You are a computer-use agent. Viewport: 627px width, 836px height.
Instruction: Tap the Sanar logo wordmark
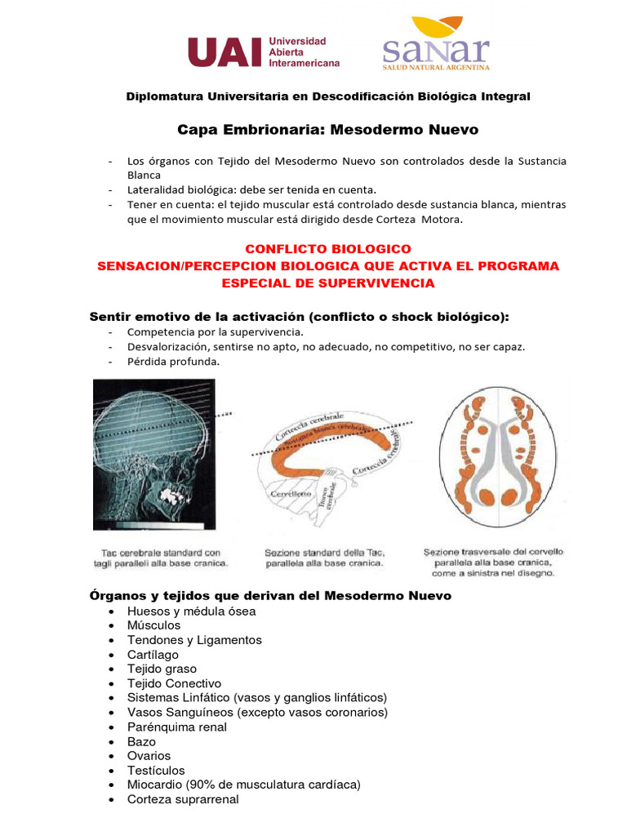(436, 50)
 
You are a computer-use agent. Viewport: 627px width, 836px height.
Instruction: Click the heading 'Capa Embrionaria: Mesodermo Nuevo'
(328, 130)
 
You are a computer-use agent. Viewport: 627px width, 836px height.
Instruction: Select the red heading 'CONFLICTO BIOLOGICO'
(328, 248)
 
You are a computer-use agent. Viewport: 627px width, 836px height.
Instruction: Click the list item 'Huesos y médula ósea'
(191, 611)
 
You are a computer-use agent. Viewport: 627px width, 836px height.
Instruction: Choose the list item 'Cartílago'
(153, 655)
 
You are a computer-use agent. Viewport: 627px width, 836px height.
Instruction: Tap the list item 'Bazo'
(141, 741)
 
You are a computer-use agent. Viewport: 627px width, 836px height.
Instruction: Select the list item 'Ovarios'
(149, 756)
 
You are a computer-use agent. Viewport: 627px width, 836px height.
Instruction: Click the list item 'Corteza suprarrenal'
(183, 799)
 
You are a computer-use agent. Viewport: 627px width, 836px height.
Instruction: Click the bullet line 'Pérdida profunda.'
(173, 362)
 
